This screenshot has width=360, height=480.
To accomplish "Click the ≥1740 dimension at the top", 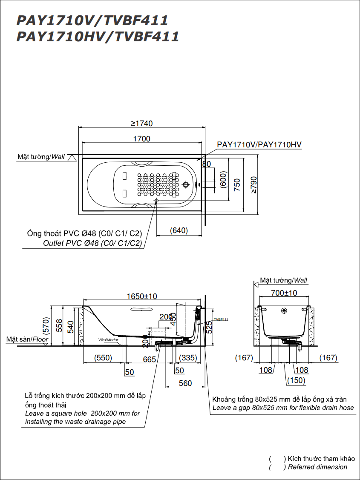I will point(141,124).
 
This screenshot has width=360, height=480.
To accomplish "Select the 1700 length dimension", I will point(141,138).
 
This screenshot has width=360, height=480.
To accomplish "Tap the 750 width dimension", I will point(237,184).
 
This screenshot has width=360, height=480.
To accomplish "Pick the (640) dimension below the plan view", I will point(179,230).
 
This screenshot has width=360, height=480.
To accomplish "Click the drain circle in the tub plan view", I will point(185,185).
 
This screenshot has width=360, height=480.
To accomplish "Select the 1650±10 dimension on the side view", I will point(141,296).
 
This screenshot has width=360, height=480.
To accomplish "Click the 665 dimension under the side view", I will point(149,359).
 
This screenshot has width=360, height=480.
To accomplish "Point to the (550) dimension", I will point(103,358).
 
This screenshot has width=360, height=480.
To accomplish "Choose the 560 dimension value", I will point(185,383).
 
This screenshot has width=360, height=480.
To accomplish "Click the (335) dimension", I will point(188,358).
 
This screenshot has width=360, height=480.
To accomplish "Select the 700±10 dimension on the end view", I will point(284,293).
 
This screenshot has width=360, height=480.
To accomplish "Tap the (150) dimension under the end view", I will point(296,380).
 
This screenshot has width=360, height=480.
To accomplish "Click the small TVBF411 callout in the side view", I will point(221,319).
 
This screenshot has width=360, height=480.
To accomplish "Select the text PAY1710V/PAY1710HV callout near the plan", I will point(259,145).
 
